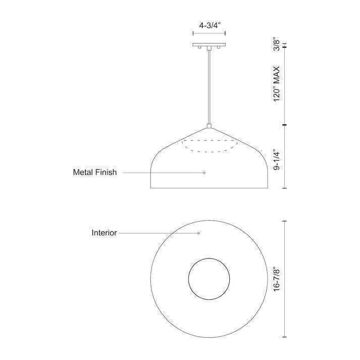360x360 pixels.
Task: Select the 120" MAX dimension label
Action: point(277,84)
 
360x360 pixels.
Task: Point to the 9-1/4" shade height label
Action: point(277,160)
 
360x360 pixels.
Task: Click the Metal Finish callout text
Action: point(95,173)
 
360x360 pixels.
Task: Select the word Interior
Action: point(105,233)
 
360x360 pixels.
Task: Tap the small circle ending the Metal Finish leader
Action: point(204,173)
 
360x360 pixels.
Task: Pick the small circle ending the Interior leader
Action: point(198,233)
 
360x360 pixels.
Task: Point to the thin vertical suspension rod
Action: point(209,86)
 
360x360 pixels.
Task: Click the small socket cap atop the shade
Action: point(209,126)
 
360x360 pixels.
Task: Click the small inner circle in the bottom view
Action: point(209,279)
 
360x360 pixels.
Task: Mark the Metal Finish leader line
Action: point(162,173)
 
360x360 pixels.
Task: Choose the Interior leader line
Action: point(157,233)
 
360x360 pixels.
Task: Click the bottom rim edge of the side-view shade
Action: point(209,188)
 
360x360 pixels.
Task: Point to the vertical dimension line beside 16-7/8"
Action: point(285,279)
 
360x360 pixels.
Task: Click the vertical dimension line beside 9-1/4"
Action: point(285,157)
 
